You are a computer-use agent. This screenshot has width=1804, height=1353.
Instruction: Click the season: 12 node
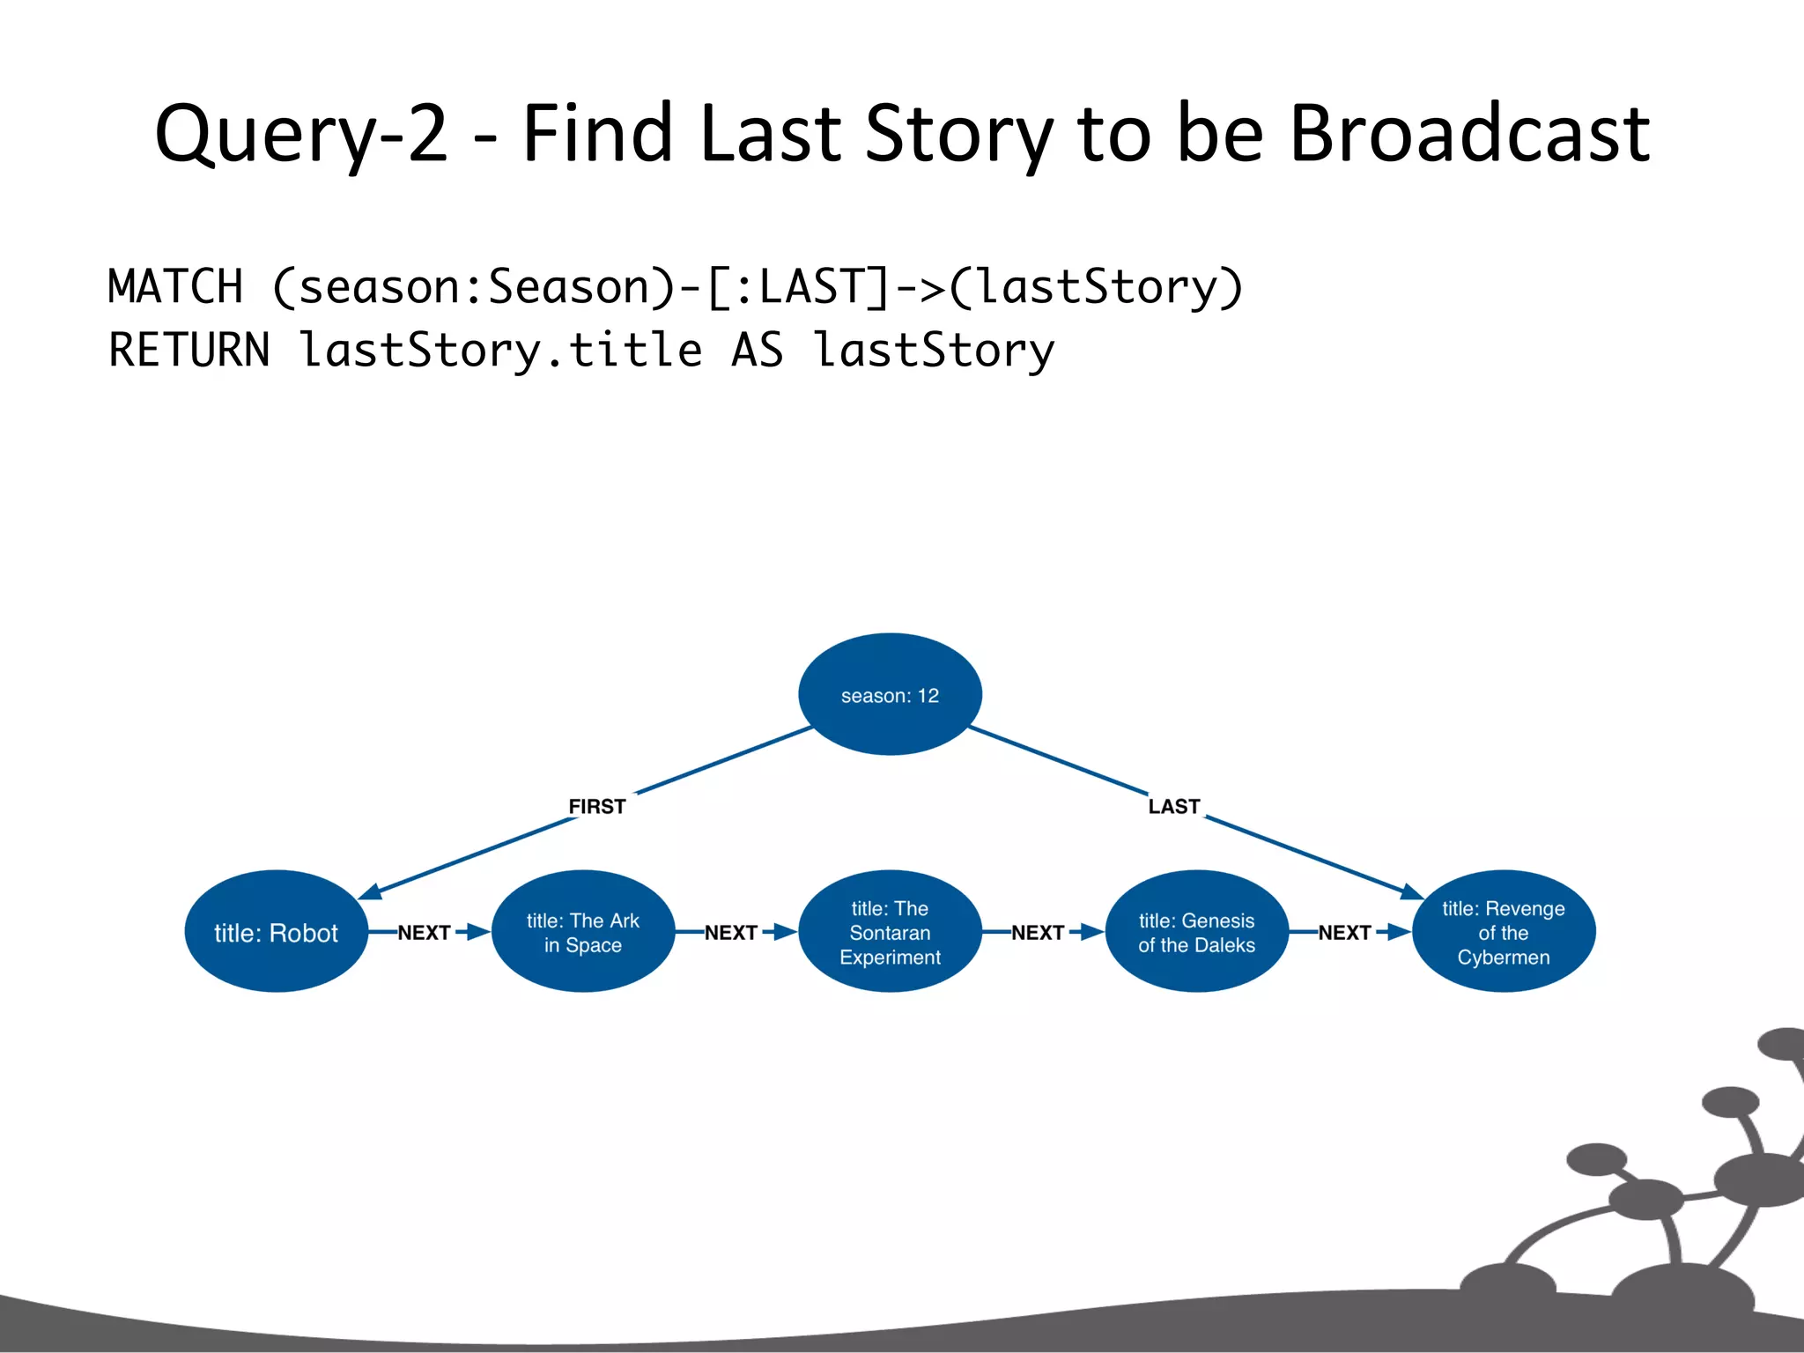(890, 694)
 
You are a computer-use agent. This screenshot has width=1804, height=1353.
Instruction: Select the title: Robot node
(276, 932)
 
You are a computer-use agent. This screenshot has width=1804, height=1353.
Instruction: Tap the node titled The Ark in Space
(582, 932)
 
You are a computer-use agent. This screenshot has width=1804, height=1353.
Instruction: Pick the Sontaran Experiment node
(890, 932)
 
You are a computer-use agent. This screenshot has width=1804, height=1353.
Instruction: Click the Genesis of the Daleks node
(1196, 932)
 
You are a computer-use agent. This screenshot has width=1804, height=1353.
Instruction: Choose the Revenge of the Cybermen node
(1503, 932)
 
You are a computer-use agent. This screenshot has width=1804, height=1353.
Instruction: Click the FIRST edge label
(596, 806)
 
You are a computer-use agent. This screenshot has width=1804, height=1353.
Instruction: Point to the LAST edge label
(1173, 806)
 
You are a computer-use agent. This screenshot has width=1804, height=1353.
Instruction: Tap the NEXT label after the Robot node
(424, 932)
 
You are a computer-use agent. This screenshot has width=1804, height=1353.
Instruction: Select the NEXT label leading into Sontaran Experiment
(730, 932)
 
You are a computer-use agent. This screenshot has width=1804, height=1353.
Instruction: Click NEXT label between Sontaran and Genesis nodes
(1037, 932)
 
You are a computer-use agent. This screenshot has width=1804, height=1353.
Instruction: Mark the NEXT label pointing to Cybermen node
(1343, 932)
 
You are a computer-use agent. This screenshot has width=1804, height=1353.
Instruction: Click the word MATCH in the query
(175, 287)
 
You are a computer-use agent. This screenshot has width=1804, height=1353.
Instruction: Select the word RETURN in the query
(189, 351)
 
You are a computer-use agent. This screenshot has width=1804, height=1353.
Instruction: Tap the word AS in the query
(757, 351)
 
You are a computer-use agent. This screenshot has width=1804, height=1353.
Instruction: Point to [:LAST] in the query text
(799, 287)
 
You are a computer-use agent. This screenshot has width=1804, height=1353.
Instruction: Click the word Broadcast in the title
(1469, 134)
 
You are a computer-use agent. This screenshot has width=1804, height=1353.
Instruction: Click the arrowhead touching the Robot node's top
(370, 891)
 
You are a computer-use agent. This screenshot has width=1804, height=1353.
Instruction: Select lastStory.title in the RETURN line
(500, 351)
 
